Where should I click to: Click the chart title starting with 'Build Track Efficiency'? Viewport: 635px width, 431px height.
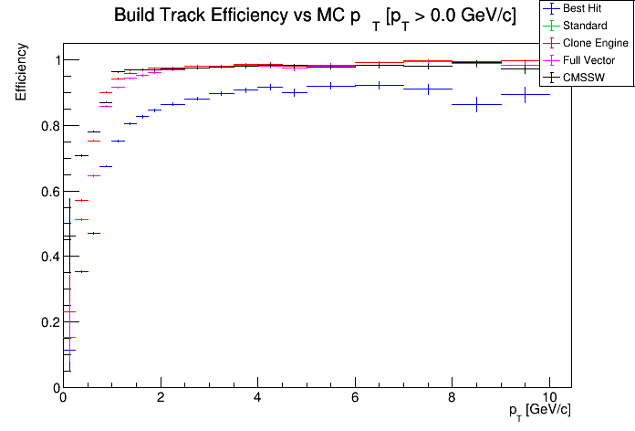point(315,17)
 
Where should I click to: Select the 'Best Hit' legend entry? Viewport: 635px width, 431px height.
point(585,8)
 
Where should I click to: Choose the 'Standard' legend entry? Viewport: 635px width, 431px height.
point(585,26)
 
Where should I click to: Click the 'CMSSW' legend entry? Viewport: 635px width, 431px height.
point(585,77)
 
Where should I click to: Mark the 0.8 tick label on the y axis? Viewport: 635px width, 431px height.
point(46,126)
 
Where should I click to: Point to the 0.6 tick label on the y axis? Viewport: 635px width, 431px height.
point(46,192)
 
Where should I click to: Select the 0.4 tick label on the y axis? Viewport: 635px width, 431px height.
point(46,257)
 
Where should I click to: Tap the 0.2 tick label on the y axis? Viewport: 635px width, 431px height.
point(46,322)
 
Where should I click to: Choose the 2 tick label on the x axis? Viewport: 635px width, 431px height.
point(161,399)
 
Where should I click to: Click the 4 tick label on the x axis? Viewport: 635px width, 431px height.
point(257,399)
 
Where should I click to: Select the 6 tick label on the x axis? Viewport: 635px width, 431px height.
point(355,399)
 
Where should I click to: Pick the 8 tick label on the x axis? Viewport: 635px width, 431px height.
point(452,399)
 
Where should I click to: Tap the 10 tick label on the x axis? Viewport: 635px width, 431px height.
point(548,399)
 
